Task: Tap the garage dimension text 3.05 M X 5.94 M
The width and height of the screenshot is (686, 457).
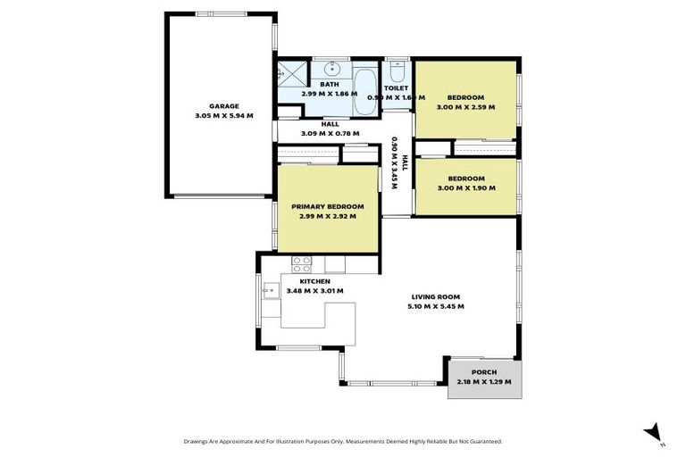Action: (x=224, y=115)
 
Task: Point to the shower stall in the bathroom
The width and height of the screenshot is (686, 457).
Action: (x=290, y=73)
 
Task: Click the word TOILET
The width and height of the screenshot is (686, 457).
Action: (x=396, y=88)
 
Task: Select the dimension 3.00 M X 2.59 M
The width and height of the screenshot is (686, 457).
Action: (x=465, y=107)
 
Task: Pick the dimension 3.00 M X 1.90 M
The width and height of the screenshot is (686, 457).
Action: (x=465, y=187)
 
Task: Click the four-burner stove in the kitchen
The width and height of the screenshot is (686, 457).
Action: (x=301, y=263)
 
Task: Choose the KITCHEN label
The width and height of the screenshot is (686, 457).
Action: (x=304, y=280)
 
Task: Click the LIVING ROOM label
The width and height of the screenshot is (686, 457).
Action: (x=437, y=296)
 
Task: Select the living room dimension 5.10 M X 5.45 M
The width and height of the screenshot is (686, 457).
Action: (x=437, y=306)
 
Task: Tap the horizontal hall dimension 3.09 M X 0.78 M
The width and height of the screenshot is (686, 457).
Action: (x=330, y=133)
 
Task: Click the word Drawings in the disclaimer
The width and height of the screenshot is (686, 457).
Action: (x=198, y=441)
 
